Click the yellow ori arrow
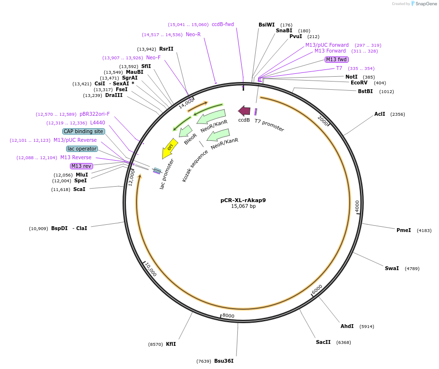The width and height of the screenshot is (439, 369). [x=169, y=149]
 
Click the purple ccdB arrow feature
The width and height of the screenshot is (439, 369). [x=244, y=110]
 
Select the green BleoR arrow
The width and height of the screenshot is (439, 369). [x=186, y=131]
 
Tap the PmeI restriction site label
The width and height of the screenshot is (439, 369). [x=404, y=230]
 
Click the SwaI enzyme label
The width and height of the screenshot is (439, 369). [x=392, y=268]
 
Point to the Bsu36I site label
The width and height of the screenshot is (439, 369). [x=224, y=361]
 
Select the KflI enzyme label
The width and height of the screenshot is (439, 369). [x=171, y=344]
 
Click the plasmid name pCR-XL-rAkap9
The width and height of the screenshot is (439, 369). [x=243, y=200]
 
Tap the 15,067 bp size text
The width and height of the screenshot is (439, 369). [x=243, y=206]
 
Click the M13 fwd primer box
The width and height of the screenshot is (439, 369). [x=336, y=59]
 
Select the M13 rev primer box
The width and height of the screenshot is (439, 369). [x=81, y=166]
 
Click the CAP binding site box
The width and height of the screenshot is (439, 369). [x=83, y=131]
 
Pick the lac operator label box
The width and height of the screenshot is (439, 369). [x=82, y=149]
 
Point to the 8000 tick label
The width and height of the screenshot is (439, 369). [x=228, y=316]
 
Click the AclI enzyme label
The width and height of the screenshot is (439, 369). [x=380, y=114]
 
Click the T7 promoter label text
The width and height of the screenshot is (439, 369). [x=269, y=125]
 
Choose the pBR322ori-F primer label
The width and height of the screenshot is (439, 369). [x=95, y=114]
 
